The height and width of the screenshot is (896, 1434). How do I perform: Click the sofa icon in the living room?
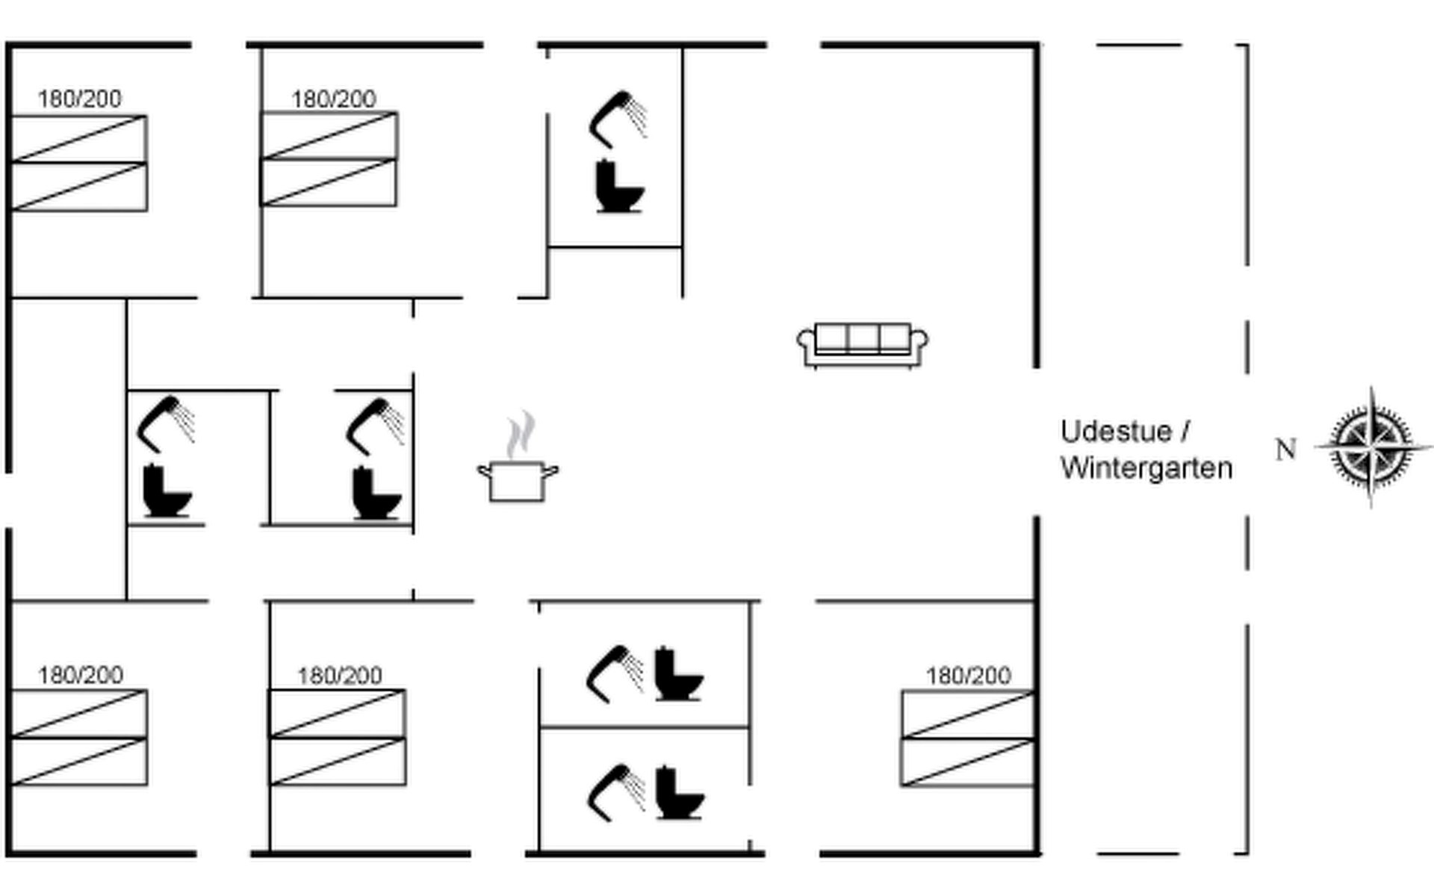863,346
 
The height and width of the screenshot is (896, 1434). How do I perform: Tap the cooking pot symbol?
518,482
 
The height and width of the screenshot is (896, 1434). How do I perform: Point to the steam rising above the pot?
521,434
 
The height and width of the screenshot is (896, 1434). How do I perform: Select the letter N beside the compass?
1285,449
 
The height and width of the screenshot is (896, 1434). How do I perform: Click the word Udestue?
1116,432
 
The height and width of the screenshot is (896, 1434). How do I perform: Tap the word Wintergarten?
1146,469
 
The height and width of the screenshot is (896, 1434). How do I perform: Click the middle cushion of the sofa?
863,337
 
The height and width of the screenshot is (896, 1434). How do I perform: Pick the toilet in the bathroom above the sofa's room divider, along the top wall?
619,187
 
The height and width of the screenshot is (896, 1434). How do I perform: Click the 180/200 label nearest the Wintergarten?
968,676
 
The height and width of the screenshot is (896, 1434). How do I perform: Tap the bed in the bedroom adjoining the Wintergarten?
968,738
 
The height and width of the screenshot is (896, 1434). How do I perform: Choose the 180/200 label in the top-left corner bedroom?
80,99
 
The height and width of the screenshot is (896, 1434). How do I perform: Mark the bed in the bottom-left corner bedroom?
79,738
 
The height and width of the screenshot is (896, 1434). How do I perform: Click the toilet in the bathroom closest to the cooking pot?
376,493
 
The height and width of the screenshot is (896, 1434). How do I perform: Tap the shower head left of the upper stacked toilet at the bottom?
615,674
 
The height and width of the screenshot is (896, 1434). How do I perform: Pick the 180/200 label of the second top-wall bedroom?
333,99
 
